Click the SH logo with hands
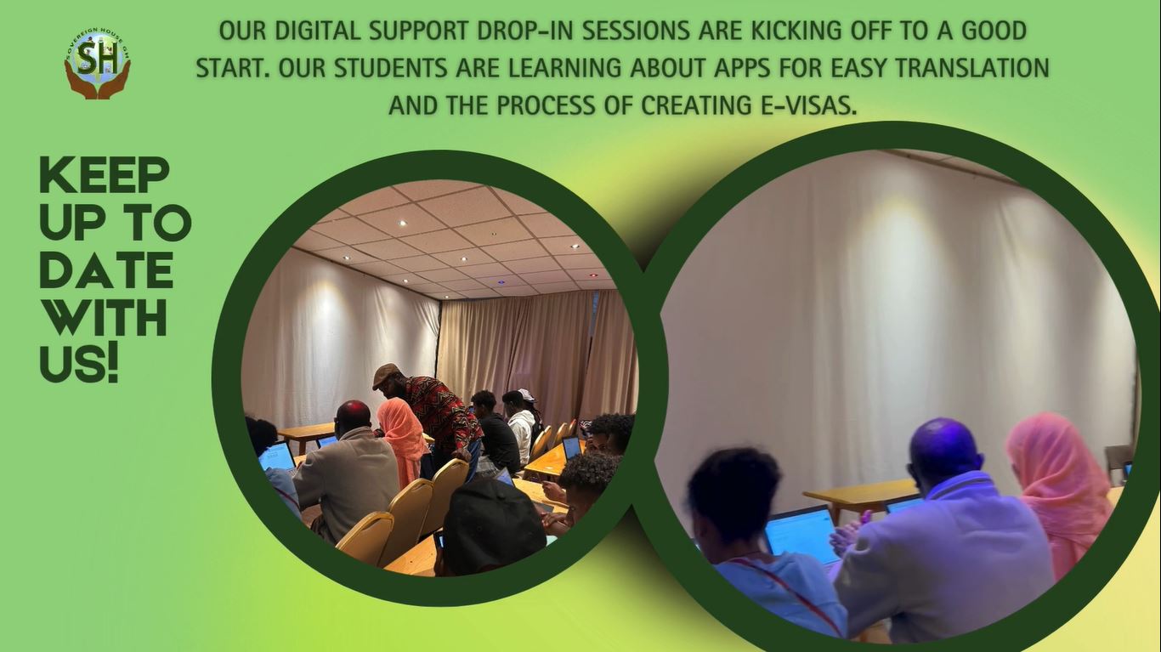(98, 64)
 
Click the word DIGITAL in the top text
(319, 31)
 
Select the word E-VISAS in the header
(804, 106)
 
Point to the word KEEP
(104, 176)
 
